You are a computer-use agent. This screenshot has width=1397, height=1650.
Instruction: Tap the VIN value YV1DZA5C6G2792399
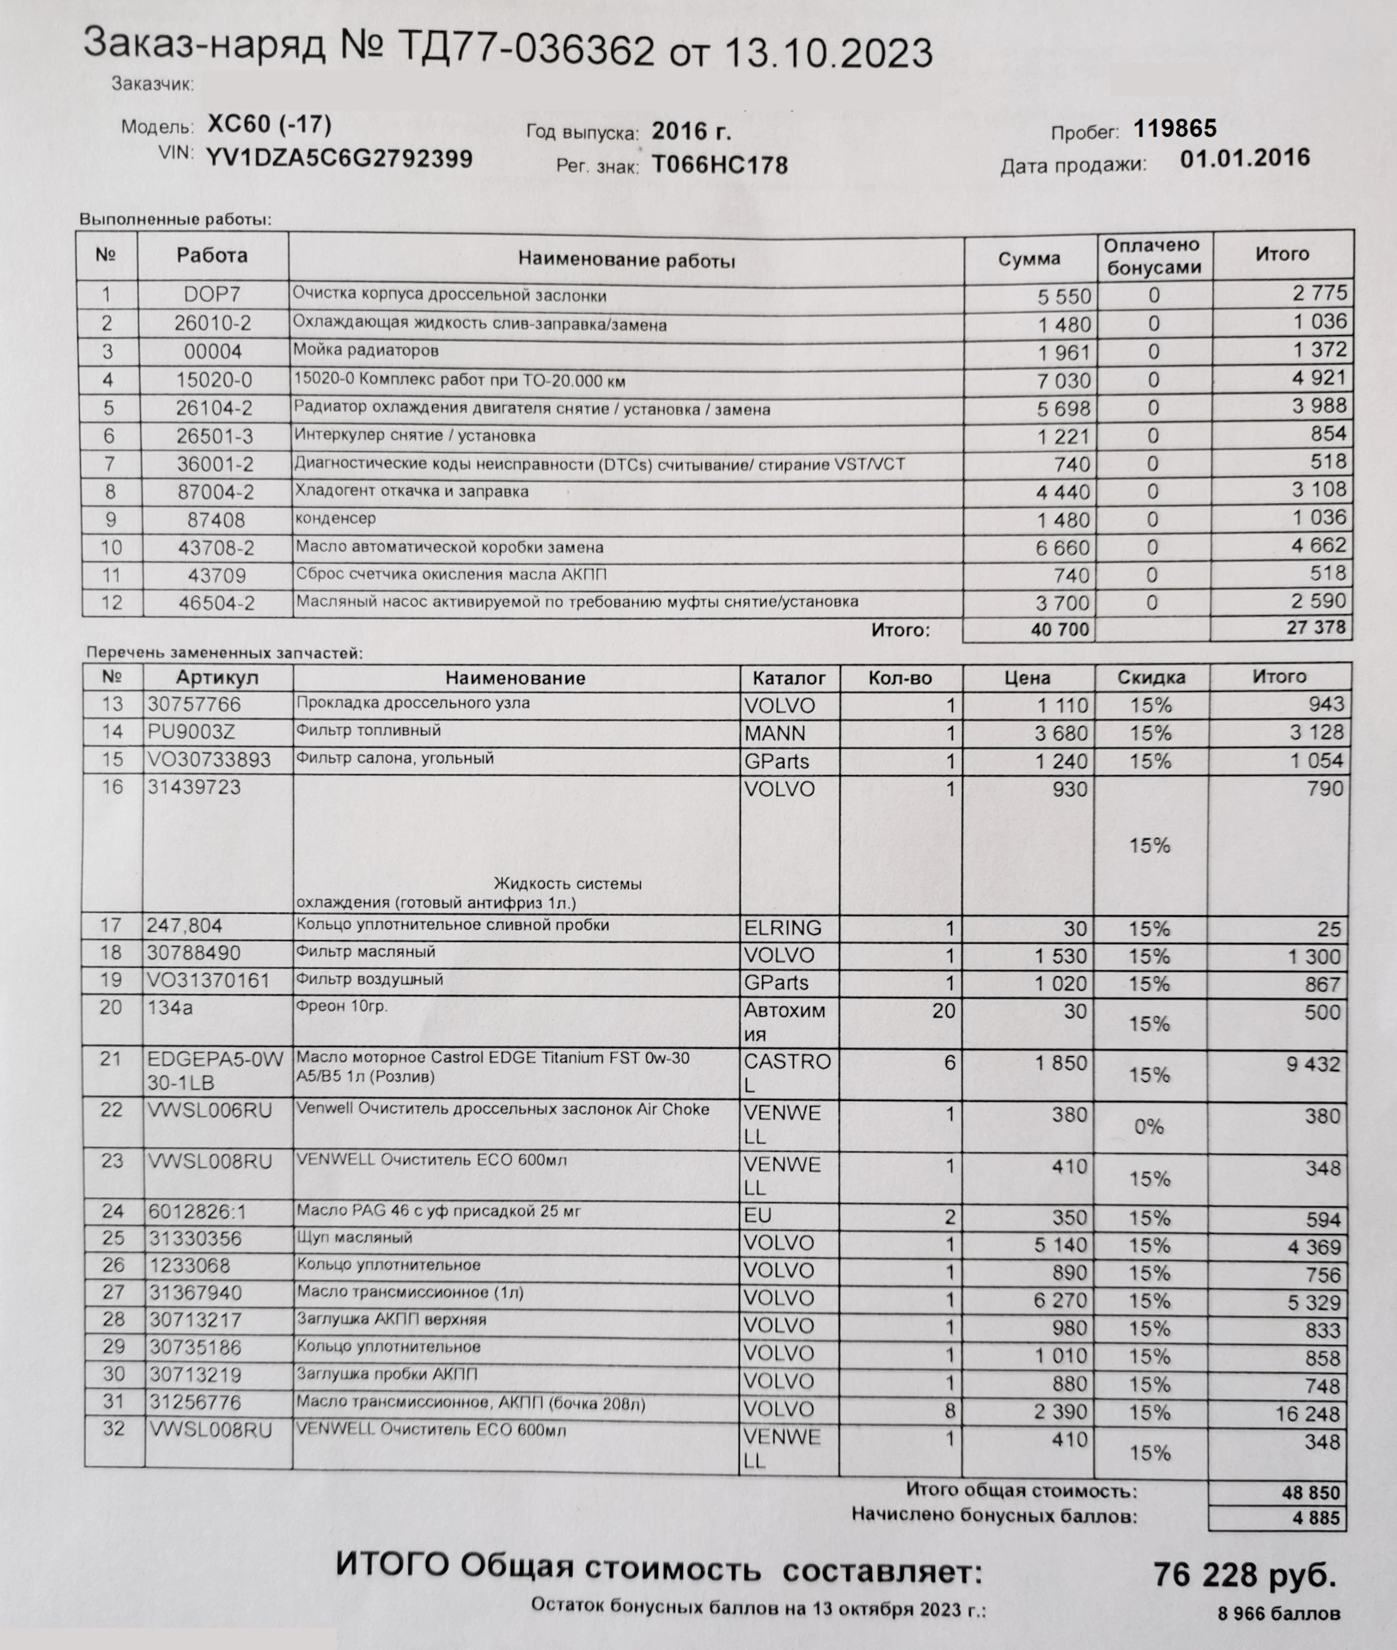[339, 159]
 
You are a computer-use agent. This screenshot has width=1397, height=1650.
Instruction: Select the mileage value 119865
[1174, 129]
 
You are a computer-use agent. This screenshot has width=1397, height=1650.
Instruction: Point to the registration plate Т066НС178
[719, 164]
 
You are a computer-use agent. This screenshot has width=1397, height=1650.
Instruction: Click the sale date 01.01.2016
[1245, 158]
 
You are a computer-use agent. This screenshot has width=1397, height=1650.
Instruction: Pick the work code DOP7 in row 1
[211, 294]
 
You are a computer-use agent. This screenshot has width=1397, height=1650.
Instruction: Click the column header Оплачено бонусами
[1153, 256]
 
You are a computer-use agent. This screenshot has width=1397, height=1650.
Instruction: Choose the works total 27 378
[1315, 627]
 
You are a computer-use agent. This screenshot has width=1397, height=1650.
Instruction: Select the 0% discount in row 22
[1150, 1126]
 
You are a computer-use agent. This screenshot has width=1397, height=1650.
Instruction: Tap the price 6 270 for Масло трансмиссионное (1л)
[1062, 1301]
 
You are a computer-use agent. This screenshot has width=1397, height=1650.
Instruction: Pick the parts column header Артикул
[217, 677]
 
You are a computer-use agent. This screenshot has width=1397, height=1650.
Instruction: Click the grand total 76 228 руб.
[1244, 1575]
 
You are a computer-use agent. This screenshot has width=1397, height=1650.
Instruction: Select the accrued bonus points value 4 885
[1315, 1519]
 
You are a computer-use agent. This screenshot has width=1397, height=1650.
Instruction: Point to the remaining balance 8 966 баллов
[1278, 1614]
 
